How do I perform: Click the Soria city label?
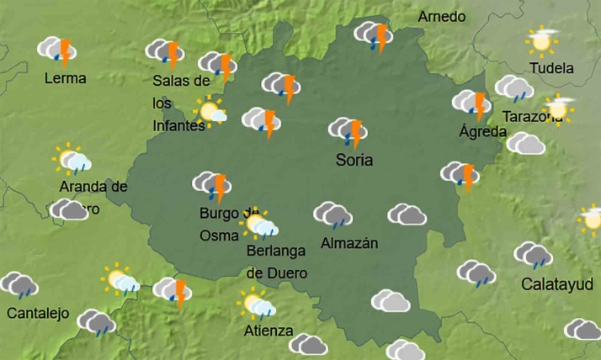coord(354,159)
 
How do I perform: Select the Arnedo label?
coord(441,17)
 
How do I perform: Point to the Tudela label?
coord(552,68)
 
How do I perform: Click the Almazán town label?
coord(349,243)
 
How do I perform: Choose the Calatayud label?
coord(557,283)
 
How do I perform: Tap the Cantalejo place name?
coord(36,313)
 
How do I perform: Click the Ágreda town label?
coord(482,131)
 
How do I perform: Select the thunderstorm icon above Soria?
coord(348,130)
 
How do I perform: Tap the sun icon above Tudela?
coord(542,40)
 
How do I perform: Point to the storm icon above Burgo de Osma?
coord(213,184)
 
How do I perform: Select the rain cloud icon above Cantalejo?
coord(19,285)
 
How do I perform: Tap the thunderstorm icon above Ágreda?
coord(474,103)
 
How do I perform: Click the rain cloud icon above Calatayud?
coord(533,254)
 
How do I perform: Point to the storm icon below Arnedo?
coord(373,35)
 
